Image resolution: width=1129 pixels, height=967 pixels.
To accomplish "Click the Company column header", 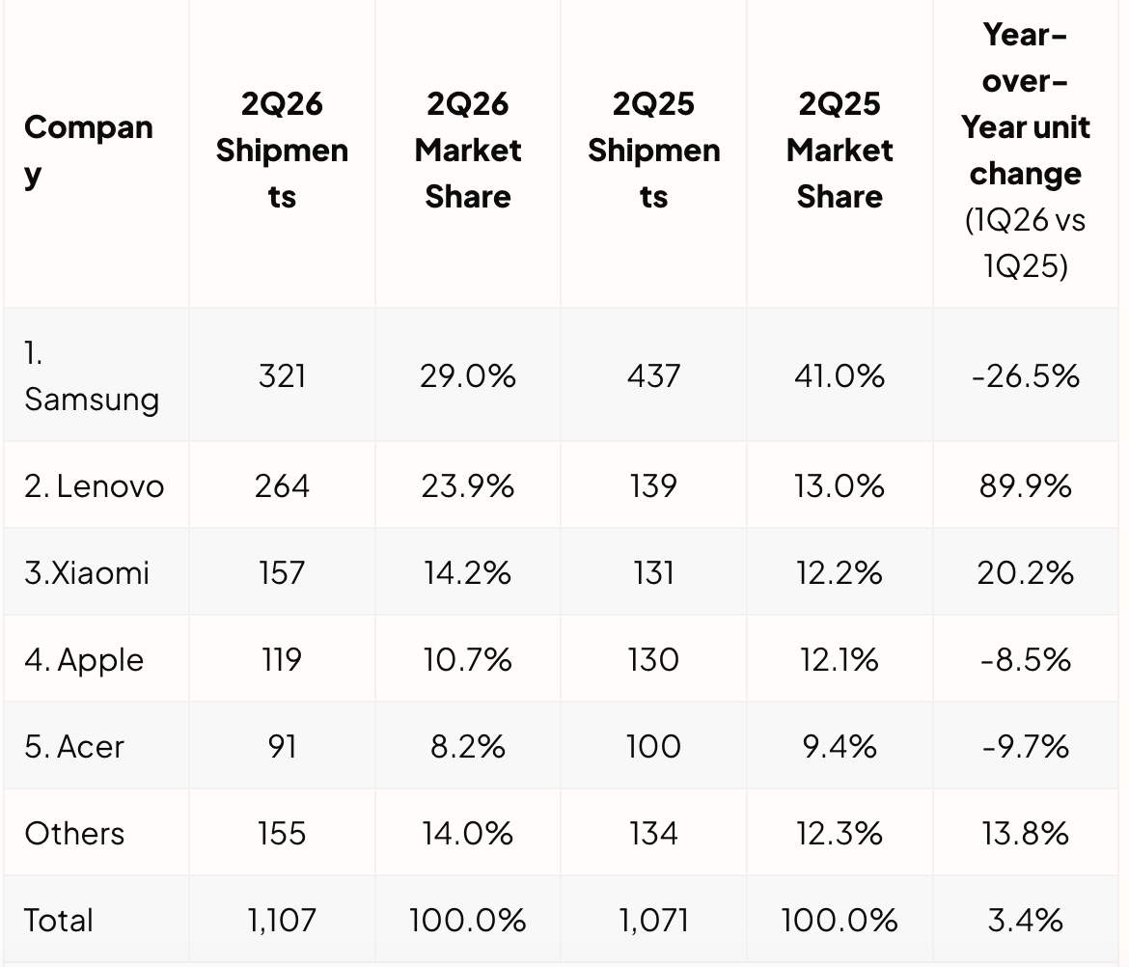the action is point(89,151).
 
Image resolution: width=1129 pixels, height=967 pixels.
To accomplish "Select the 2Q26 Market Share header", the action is point(468,151).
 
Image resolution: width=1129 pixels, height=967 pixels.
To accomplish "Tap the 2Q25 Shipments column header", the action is point(654,151).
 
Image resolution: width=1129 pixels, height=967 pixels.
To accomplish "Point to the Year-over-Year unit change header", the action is point(1026,151).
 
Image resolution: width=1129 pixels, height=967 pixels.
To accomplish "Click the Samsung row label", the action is point(92,375).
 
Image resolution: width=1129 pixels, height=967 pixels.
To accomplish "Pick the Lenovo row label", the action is point(95,486).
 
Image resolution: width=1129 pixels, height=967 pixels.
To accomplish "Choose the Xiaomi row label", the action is point(87,573).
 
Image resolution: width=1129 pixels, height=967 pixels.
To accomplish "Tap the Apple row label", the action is point(84,660).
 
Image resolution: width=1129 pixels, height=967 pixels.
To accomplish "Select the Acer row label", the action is point(74,747).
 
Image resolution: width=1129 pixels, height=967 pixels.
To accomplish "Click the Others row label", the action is point(74,834).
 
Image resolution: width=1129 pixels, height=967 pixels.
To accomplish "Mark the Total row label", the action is point(58,921).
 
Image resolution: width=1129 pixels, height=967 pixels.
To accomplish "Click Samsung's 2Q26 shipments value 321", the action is point(282,375).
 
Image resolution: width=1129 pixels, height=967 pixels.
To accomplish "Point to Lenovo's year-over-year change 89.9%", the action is point(1026,486).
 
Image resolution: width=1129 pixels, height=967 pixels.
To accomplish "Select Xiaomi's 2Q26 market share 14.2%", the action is point(468,573).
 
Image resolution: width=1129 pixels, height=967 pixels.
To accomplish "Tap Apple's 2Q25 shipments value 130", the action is point(654,660).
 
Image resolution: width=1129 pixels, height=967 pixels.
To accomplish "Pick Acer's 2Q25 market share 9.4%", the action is point(840,747).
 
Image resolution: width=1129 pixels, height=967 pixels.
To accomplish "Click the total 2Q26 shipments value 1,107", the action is point(282,921).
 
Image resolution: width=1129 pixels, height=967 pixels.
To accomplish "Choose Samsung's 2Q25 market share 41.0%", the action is point(840,375).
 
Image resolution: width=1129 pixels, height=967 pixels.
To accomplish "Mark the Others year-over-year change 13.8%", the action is point(1026,834).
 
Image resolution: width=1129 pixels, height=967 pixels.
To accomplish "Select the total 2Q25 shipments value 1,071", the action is point(654,921).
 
